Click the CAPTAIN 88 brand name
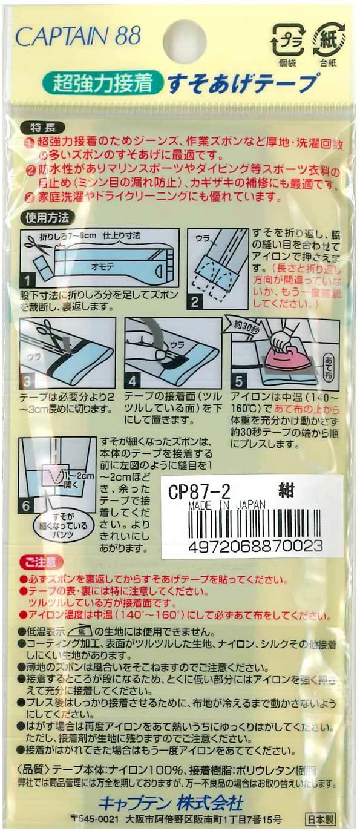click(77, 37)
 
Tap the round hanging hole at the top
click(185, 40)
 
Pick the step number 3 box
click(28, 381)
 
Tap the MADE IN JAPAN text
click(218, 504)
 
